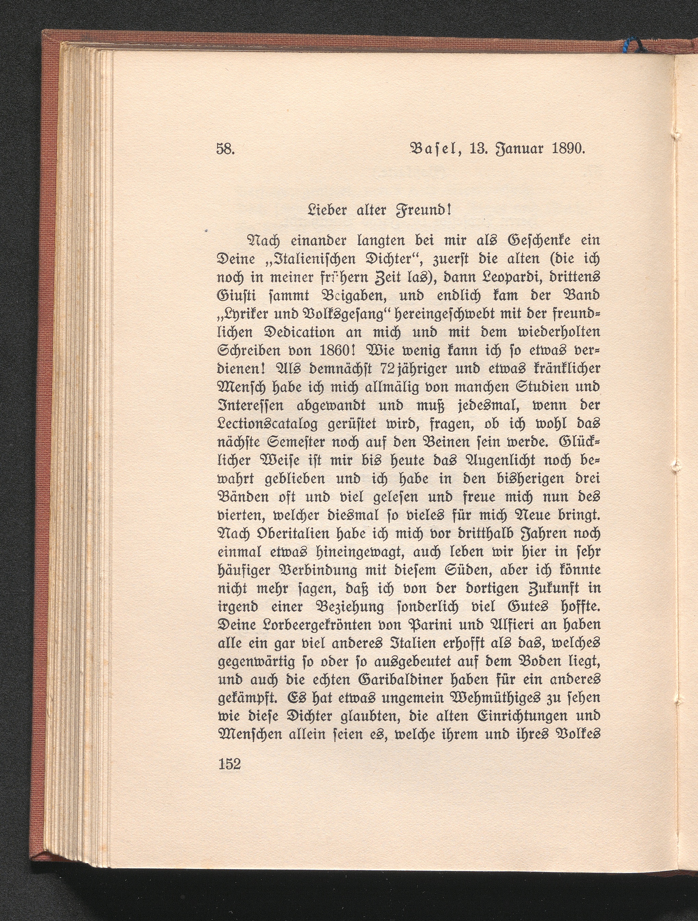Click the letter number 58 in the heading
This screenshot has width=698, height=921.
(x=225, y=148)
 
